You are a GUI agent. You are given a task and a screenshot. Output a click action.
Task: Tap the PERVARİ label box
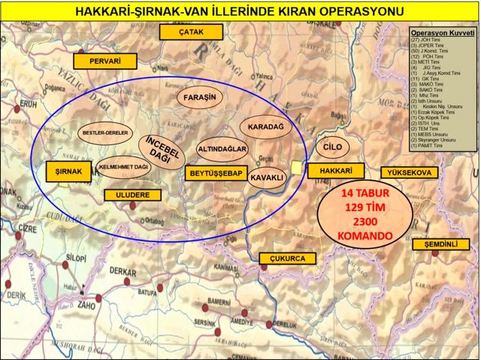pyautogui.click(x=104, y=61)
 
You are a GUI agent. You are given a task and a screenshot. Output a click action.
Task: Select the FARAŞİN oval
pyautogui.click(x=200, y=98)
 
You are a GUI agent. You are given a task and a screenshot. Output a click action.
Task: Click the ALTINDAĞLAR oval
pyautogui.click(x=222, y=150)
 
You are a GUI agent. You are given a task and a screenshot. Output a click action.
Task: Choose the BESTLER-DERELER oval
pyautogui.click(x=103, y=133)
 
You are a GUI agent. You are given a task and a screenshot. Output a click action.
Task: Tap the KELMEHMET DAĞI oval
pyautogui.click(x=123, y=166)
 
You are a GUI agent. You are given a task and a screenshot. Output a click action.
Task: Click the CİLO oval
pyautogui.click(x=331, y=147)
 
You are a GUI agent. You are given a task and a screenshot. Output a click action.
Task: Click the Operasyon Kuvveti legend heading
pyautogui.click(x=443, y=34)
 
